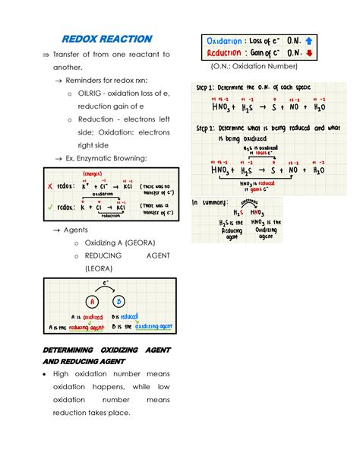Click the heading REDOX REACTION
(x=106, y=39)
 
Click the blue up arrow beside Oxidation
(x=311, y=41)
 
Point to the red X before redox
(x=50, y=185)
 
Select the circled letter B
(x=119, y=300)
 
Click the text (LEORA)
(x=99, y=268)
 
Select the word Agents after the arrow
(x=77, y=229)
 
